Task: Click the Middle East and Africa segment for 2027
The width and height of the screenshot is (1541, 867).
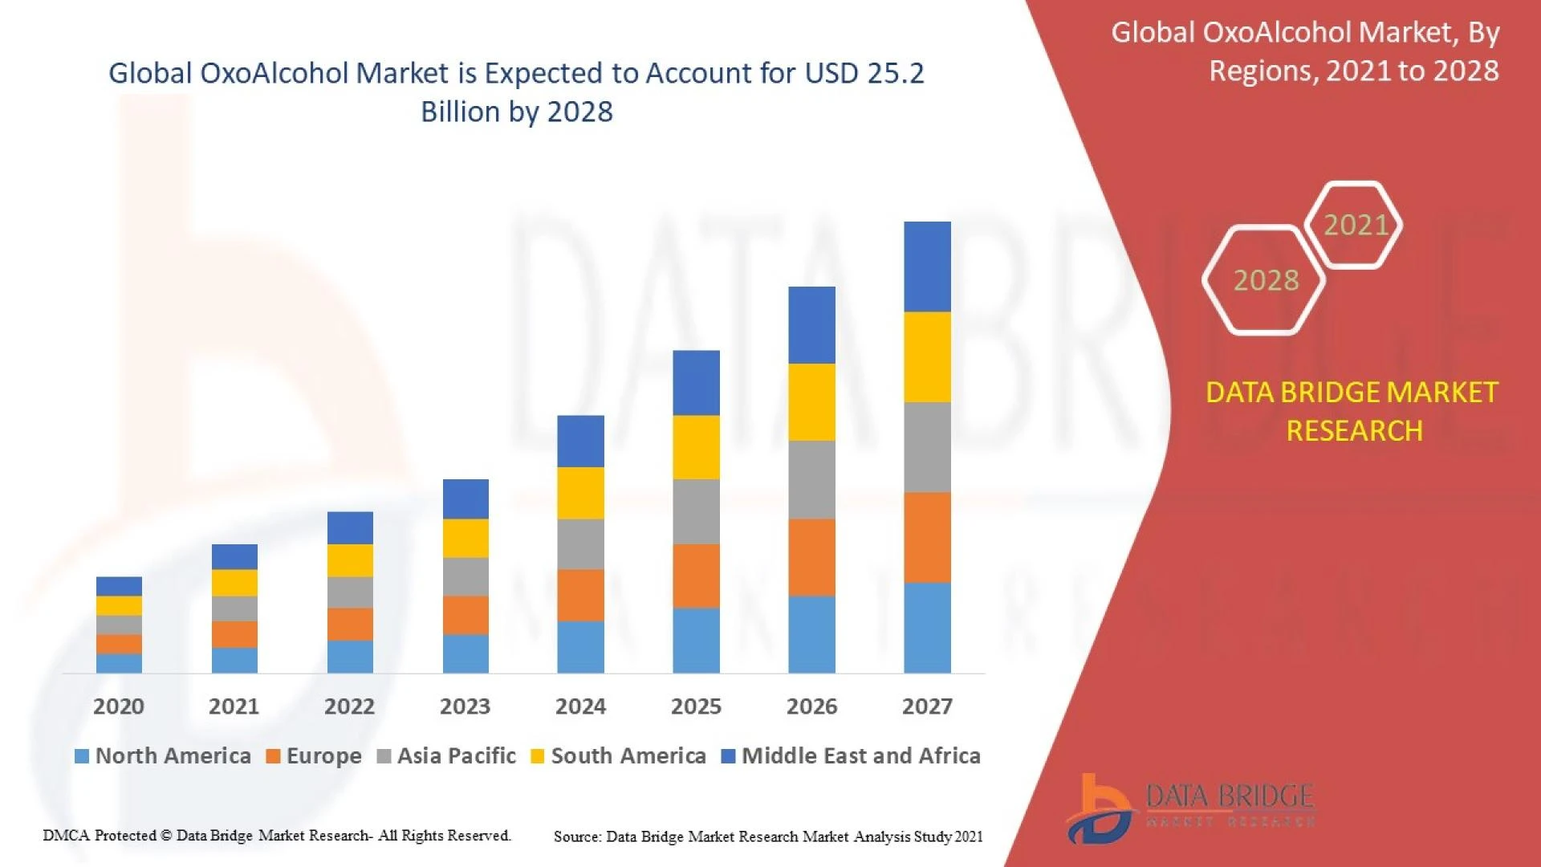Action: click(927, 267)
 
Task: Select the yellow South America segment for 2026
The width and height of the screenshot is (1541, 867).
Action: click(811, 402)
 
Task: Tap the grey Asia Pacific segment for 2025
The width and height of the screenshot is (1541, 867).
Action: click(696, 512)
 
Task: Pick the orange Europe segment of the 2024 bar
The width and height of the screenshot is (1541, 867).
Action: click(580, 595)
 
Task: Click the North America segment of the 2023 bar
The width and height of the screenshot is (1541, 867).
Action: click(466, 653)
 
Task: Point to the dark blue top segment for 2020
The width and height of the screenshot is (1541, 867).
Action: click(119, 586)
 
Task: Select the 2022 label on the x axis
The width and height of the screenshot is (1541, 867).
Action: click(349, 706)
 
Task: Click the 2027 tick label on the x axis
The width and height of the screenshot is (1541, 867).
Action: click(927, 706)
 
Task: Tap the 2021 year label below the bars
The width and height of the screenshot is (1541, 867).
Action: click(234, 706)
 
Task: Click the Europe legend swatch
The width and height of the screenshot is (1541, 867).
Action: click(273, 756)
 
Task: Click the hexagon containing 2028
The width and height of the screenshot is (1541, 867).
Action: click(1265, 280)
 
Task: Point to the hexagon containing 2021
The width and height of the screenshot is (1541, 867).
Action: click(1355, 225)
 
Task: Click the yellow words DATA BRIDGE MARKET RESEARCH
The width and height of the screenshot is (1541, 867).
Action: click(1352, 411)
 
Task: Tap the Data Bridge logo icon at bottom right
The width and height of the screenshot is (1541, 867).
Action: click(1100, 809)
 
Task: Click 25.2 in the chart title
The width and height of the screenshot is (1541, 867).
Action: click(896, 73)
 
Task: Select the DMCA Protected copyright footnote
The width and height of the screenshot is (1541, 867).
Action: click(277, 836)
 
